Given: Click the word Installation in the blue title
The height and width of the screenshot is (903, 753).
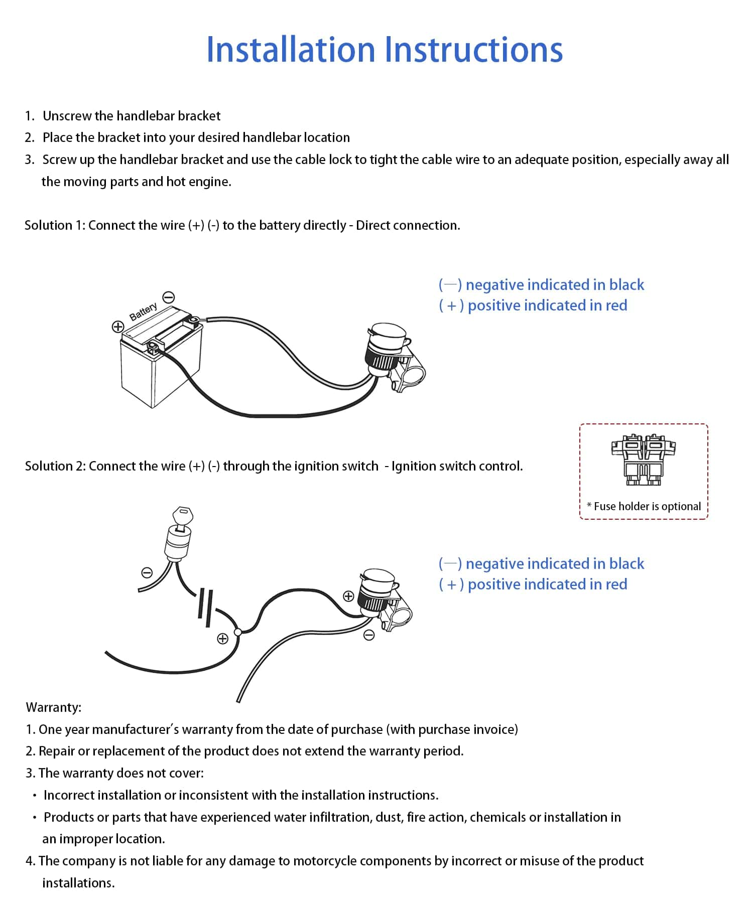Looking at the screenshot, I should [x=290, y=50].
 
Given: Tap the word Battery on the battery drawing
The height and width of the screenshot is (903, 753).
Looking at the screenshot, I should [x=143, y=312].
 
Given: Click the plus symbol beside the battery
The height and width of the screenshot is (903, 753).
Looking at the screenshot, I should [x=117, y=327].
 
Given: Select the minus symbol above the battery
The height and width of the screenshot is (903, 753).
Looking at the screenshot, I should [x=169, y=297].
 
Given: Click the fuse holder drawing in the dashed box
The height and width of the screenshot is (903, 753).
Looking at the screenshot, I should [x=643, y=460].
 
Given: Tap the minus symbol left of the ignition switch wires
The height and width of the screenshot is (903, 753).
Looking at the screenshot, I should [x=147, y=572].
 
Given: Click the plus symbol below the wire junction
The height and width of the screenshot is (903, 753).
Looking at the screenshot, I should [x=222, y=639].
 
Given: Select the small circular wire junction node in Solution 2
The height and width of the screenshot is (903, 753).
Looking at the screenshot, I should [x=238, y=632].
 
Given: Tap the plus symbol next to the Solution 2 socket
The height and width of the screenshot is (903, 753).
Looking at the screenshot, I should [x=348, y=596].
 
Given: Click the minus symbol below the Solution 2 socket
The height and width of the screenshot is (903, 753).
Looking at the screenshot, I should [x=369, y=636].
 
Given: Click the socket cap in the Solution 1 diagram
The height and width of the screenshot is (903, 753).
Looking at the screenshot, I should [x=388, y=333].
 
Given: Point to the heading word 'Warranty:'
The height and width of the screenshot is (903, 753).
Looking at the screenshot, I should [x=53, y=707].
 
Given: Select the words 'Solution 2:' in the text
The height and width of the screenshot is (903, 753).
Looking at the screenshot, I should [x=56, y=466].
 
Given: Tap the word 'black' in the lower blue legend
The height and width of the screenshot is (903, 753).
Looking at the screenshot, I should [x=626, y=564].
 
